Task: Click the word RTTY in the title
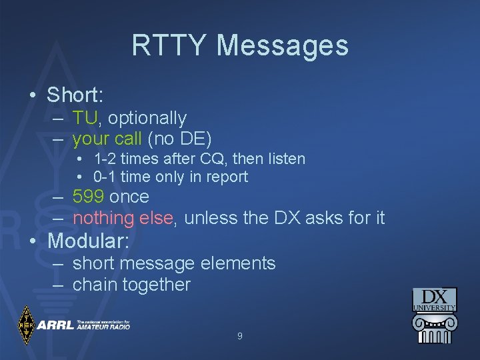[x=170, y=45]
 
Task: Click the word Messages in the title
[x=282, y=45]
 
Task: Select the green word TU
[x=85, y=118]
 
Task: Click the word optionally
[x=147, y=119]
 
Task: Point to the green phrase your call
[x=107, y=139]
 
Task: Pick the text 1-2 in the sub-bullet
[x=104, y=159]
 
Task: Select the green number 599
[x=88, y=197]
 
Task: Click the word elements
[x=233, y=263]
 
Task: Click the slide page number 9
[x=240, y=337]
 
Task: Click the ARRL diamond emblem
[x=26, y=325]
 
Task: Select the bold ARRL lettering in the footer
[x=55, y=325]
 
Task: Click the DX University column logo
[x=434, y=315]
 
